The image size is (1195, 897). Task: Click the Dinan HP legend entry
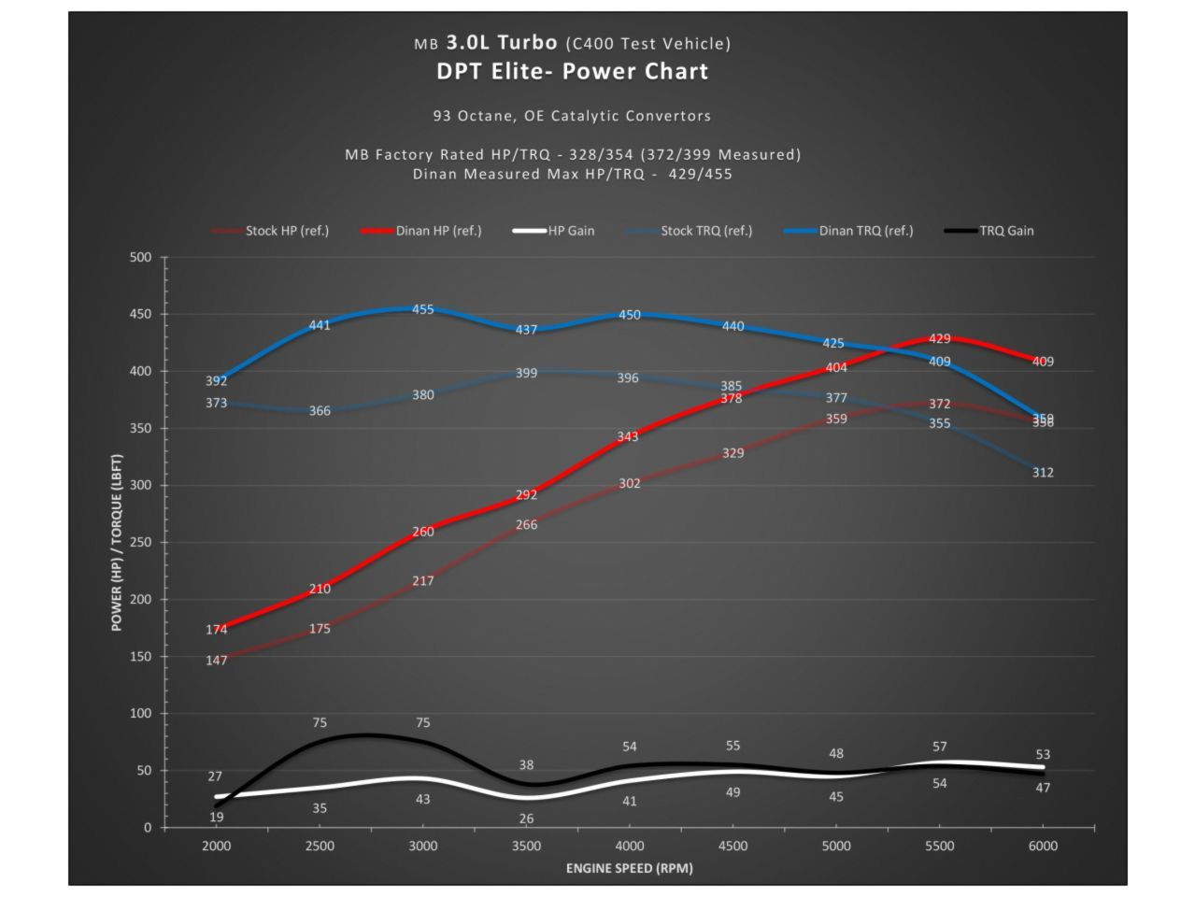point(437,231)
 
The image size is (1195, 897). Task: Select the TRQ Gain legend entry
point(1005,231)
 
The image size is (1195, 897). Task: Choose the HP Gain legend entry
point(570,231)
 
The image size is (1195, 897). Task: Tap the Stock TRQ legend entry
point(705,231)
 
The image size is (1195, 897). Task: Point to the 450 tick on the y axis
point(140,314)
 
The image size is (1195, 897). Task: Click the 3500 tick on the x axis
point(526,846)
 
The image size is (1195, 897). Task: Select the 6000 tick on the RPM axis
point(1043,846)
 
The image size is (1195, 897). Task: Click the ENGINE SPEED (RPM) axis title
point(629,868)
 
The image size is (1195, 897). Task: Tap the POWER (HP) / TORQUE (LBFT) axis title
point(117,543)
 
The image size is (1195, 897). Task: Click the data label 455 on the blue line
point(423,309)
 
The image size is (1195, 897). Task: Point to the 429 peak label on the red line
point(940,339)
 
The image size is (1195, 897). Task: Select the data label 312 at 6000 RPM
point(1043,473)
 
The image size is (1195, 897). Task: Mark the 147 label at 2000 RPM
point(217,661)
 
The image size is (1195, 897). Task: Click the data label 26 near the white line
point(526,819)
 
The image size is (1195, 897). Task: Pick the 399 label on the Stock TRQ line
point(526,373)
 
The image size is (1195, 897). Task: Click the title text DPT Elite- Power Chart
point(572,72)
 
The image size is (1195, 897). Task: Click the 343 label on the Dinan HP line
point(628,436)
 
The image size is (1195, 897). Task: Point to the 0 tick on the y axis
point(148,828)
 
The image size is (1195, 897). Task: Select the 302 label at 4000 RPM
point(630,483)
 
